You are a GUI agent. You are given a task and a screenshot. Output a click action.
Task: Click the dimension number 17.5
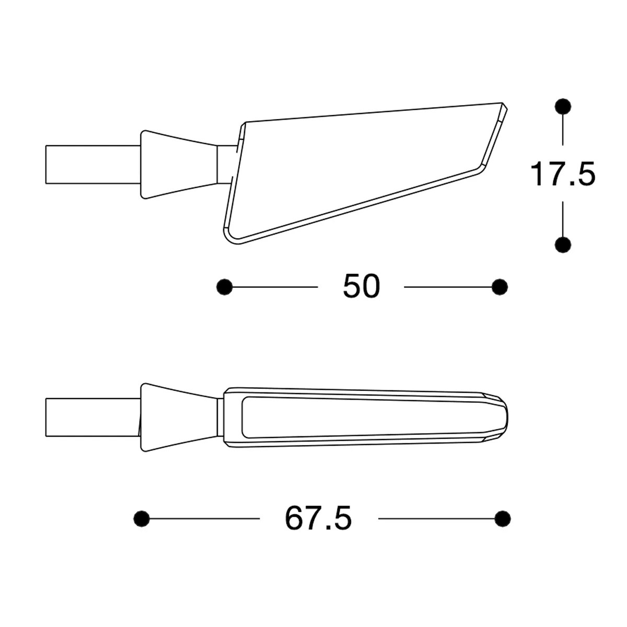pos(563,174)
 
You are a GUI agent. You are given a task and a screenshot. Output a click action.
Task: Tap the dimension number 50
pos(361,287)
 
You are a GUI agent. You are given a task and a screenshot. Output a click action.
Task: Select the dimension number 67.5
pos(318,519)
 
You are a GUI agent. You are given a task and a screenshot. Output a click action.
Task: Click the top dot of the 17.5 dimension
pos(563,106)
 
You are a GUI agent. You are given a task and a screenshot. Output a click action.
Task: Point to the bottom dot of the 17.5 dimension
pos(563,244)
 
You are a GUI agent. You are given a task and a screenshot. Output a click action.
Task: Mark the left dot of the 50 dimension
pos(225,287)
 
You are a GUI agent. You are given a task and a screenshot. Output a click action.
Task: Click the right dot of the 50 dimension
pos(500,287)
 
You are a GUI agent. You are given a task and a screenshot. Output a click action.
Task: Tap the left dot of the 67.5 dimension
pos(142,519)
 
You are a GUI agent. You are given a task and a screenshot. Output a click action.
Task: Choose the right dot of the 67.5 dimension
pos(502,519)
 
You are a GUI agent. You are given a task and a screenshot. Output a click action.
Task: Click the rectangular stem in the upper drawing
pos(93,165)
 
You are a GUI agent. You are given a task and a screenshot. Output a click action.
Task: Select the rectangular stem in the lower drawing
pos(93,417)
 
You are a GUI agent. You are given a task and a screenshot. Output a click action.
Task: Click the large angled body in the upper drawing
pos(355,172)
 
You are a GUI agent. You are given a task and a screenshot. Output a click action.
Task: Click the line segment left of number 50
pos(274,287)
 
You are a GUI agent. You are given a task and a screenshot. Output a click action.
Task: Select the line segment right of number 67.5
pos(436,519)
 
